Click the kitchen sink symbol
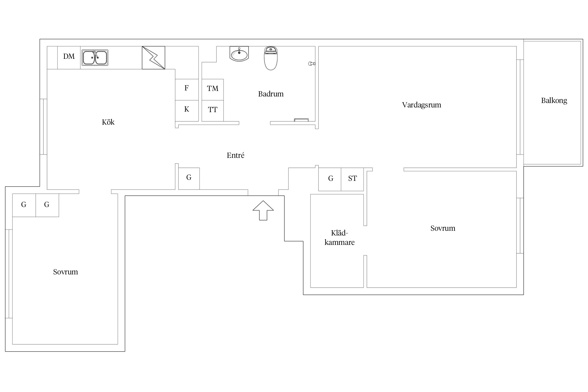(x=95, y=57)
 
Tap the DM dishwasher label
(x=69, y=56)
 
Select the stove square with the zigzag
(x=153, y=58)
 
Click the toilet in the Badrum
(x=271, y=58)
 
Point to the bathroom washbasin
(x=239, y=54)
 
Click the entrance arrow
(x=263, y=210)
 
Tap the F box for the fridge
(x=187, y=90)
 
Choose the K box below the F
(x=187, y=111)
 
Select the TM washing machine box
(x=213, y=90)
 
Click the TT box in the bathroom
(x=213, y=111)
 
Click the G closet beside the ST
(x=330, y=179)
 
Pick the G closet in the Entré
(x=189, y=178)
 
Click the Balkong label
(x=554, y=101)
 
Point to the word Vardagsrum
(x=422, y=105)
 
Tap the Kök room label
(x=108, y=122)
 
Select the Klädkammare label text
(x=339, y=238)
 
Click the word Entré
(x=235, y=155)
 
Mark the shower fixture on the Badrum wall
(x=312, y=64)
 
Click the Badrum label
(x=271, y=94)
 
